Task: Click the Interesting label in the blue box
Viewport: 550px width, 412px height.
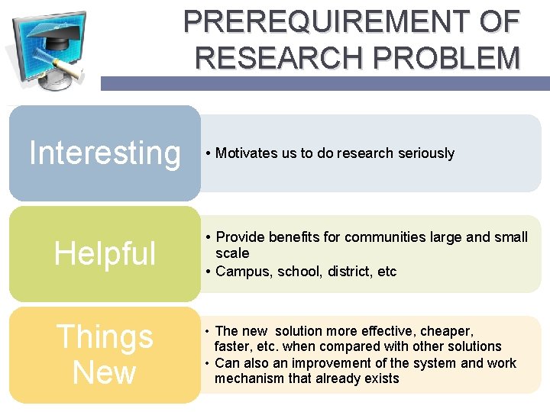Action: [105, 153]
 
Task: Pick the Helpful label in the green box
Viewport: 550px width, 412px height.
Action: [105, 254]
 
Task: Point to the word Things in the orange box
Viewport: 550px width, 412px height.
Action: [105, 337]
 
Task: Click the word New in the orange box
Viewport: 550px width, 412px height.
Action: [105, 373]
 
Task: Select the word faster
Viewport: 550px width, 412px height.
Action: [234, 346]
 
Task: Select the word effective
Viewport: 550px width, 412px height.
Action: [382, 331]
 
